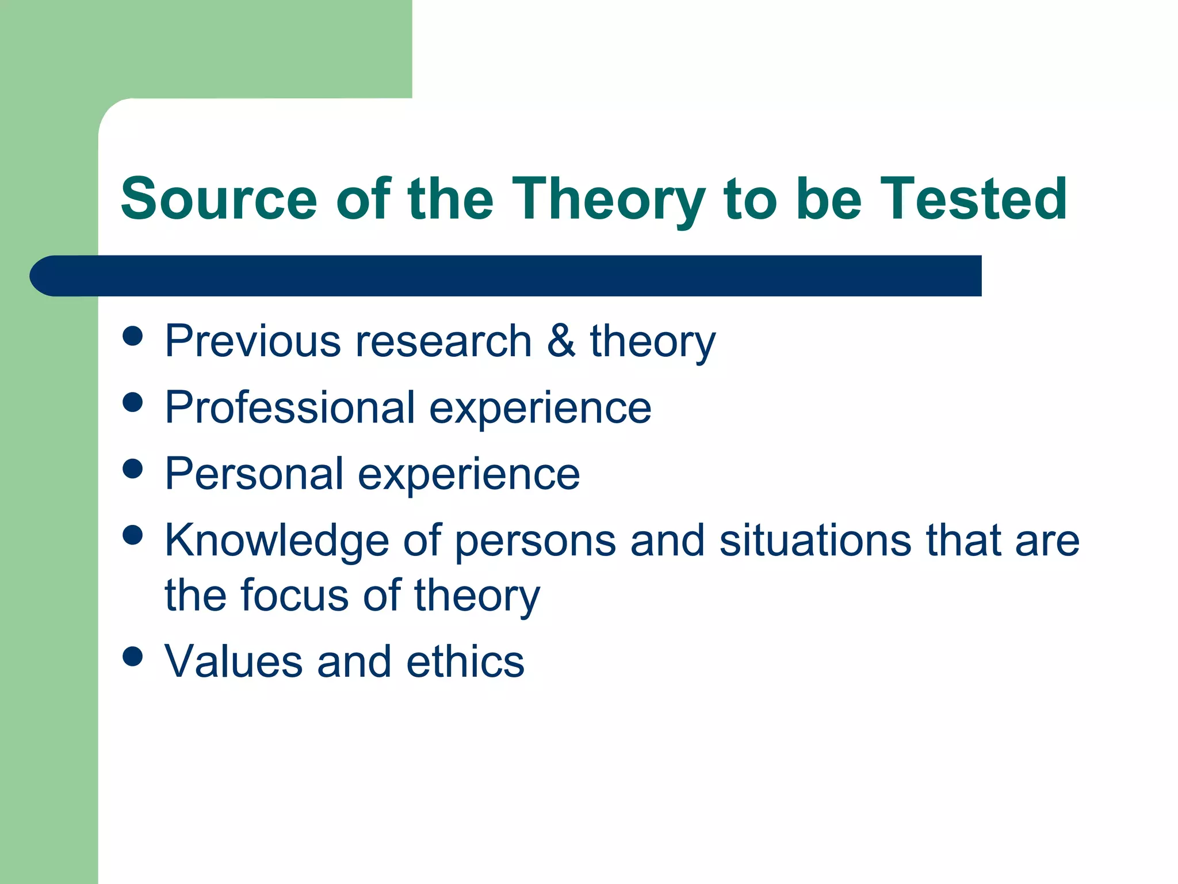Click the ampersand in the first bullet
(561, 341)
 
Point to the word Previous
(253, 341)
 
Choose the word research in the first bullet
(443, 341)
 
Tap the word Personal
(254, 474)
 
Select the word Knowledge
(277, 540)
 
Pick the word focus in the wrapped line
(294, 595)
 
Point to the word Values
(234, 661)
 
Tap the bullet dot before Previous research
(133, 336)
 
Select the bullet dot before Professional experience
(133, 402)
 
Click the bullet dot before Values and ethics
(133, 656)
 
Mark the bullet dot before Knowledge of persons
(133, 535)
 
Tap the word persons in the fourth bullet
(536, 540)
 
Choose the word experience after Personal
(469, 474)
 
